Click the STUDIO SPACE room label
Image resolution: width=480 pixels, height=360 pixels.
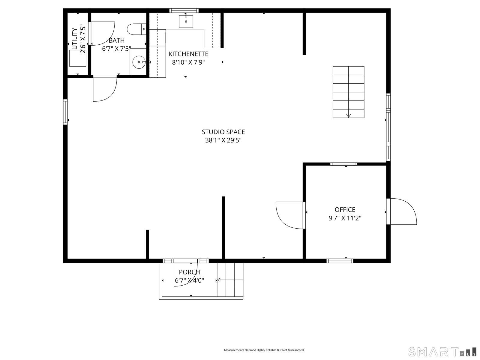point(223,132)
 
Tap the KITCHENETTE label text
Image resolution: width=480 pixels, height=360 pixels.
point(188,54)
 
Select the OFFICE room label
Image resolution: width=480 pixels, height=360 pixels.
point(345,210)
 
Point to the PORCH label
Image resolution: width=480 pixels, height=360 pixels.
point(189,272)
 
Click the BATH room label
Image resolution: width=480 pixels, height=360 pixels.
point(117,40)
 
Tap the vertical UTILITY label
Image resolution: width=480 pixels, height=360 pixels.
point(75,39)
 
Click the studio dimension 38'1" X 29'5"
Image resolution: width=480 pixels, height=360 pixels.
point(223,140)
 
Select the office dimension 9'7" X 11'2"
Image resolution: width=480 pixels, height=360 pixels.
point(345,218)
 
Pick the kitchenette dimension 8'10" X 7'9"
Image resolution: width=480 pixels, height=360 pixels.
point(188,62)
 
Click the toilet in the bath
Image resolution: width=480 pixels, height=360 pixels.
point(137,29)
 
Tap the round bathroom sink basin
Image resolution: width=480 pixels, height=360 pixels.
point(139,62)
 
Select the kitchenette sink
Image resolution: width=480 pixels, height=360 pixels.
point(186,21)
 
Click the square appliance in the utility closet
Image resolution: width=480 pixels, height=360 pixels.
point(78,58)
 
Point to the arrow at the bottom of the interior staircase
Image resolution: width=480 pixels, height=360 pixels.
point(348,115)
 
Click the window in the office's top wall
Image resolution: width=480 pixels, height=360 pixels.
point(343,164)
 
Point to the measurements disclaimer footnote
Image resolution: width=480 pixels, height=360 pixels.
point(264,350)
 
